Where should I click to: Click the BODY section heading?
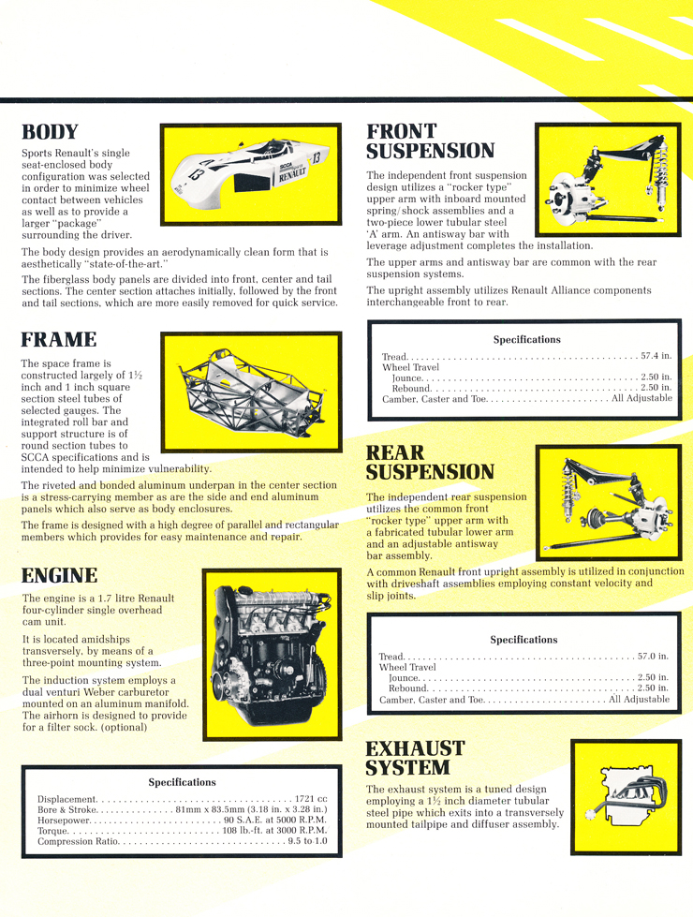coord(50,132)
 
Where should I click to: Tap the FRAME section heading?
coord(58,339)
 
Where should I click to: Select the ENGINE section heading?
coord(60,575)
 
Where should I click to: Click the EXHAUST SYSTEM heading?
coord(415,758)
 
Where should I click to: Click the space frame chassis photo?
coord(250,392)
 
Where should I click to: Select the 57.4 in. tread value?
coord(656,357)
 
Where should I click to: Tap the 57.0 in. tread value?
coord(652,657)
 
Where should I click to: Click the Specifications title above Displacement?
coord(182,782)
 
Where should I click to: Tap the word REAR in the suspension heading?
coord(395,454)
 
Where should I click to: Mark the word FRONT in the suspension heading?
coord(402,131)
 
